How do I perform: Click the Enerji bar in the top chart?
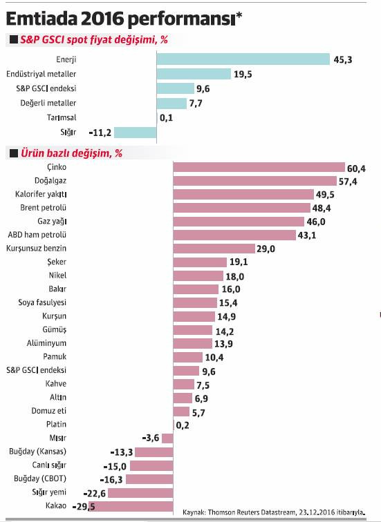click(x=243, y=60)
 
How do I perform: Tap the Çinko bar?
click(x=259, y=167)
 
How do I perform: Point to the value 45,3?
click(x=343, y=60)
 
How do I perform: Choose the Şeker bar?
click(x=200, y=262)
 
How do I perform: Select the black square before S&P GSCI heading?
click(x=14, y=41)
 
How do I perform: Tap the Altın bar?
click(x=182, y=398)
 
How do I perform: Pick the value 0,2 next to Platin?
click(x=183, y=425)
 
